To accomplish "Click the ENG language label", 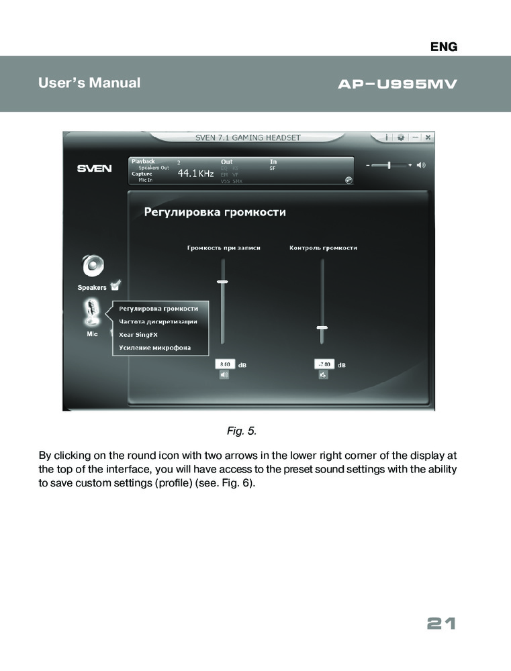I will point(444,46).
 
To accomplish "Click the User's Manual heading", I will point(89,83).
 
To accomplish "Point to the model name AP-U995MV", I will point(396,85).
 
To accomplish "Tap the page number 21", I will point(441,624).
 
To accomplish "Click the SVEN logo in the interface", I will point(94,168).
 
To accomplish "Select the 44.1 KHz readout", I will point(195,174).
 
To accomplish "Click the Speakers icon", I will point(93,266).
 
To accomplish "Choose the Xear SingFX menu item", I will point(138,334).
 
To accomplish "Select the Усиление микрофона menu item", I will point(155,348).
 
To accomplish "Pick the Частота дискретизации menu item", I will point(158,321).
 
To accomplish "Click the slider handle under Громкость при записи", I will point(222,282).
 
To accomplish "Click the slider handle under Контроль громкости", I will point(322,327).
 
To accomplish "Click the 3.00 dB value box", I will point(224,364).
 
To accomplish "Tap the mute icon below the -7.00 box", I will point(323,375).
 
